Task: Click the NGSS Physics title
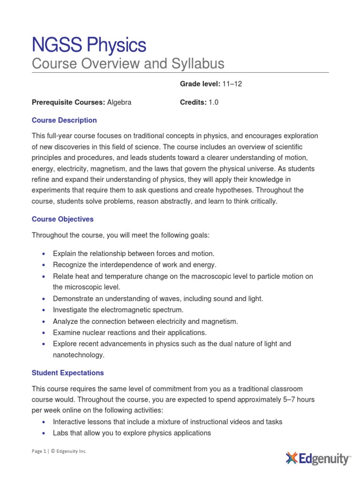[89, 45]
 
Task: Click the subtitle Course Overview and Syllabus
[128, 64]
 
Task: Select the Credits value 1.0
[214, 103]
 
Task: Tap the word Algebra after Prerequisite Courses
[120, 103]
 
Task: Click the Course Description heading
[64, 120]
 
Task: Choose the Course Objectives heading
[63, 219]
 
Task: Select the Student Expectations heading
[68, 373]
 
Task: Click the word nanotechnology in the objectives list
[78, 355]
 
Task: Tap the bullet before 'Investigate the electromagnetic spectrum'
[44, 310]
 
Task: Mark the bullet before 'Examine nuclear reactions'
[44, 333]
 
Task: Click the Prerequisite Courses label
[68, 103]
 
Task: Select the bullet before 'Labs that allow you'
[44, 433]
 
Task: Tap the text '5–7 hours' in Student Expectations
[300, 399]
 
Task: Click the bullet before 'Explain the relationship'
[44, 254]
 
